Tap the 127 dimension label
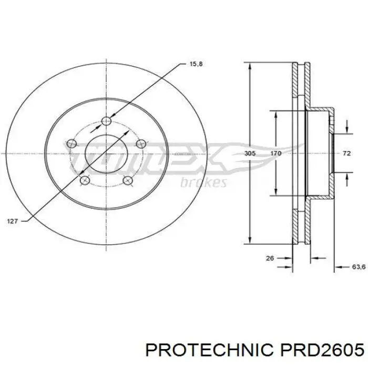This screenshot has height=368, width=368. tap(13, 221)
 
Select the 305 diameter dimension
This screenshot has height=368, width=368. tap(250, 154)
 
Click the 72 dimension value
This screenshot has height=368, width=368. tap(346, 154)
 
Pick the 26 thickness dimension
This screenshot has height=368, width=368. tap(270, 258)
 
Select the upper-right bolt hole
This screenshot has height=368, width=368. tap(140, 144)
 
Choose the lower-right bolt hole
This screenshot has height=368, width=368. tap(127, 181)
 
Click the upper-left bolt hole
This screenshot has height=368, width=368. tap(72, 144)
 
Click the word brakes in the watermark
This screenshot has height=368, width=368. tap(203, 182)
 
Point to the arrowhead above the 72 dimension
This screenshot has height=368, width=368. tap(347, 129)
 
